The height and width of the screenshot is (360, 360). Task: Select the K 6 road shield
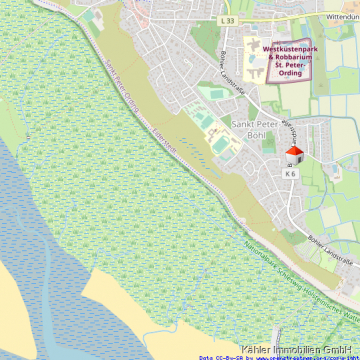point(290,173)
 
